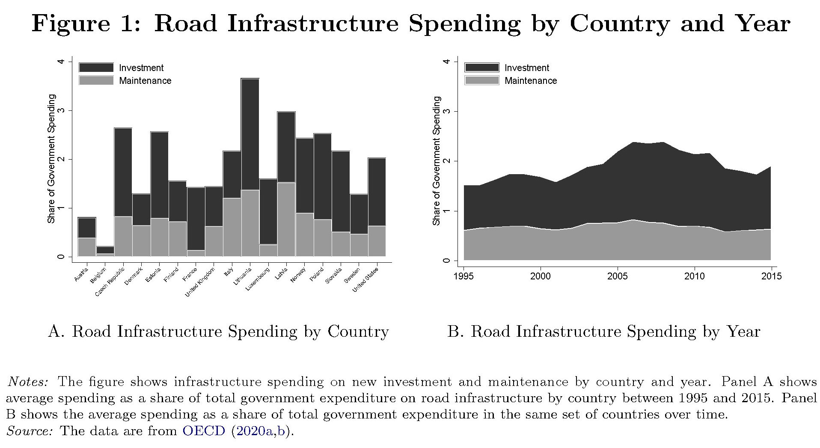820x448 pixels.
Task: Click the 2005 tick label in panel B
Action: click(618, 276)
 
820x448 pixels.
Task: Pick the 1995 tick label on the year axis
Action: click(463, 276)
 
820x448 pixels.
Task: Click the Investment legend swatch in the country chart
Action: click(96, 68)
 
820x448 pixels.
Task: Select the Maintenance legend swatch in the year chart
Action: click(482, 80)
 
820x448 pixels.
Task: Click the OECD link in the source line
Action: click(204, 431)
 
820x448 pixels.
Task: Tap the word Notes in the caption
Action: click(28, 382)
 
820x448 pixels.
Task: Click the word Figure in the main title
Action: click(70, 24)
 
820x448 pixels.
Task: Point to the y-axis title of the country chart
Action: click(51, 159)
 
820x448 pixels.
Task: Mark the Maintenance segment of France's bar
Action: click(196, 253)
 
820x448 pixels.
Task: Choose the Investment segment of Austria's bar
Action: click(86, 228)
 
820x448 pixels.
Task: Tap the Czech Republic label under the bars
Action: click(110, 282)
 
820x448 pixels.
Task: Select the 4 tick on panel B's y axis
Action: click(447, 62)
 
